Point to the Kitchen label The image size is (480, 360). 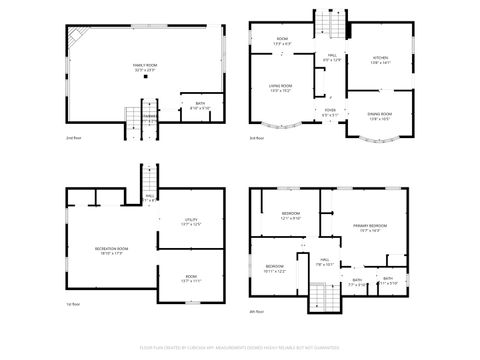pos(381,60)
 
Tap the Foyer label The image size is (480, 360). pos(330,112)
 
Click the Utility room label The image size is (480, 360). pos(191,222)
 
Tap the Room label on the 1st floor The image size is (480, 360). pos(191,280)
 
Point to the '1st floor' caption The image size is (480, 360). pos(72,303)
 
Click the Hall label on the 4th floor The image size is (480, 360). pos(324,263)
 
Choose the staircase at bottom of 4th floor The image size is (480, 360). pos(323,297)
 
